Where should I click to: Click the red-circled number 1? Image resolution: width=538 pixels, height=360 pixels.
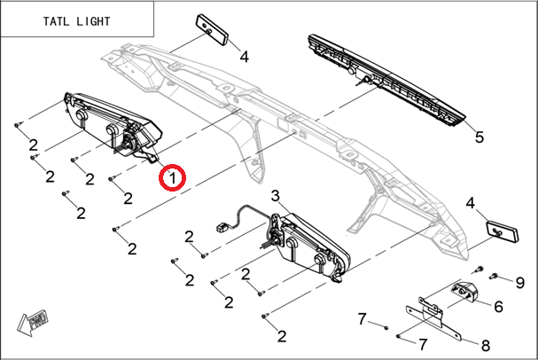(172, 178)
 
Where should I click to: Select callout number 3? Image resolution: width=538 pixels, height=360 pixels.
(275, 195)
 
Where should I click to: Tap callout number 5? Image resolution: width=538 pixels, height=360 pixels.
(479, 137)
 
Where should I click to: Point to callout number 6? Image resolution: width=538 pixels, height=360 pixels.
(498, 307)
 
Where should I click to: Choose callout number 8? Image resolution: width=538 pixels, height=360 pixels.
(485, 345)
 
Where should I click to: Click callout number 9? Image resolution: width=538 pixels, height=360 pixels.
(520, 283)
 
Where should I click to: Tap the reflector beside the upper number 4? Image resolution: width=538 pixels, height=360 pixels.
(212, 29)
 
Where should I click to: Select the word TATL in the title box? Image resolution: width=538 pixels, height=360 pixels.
(44, 20)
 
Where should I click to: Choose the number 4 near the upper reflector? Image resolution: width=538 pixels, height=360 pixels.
(244, 57)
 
